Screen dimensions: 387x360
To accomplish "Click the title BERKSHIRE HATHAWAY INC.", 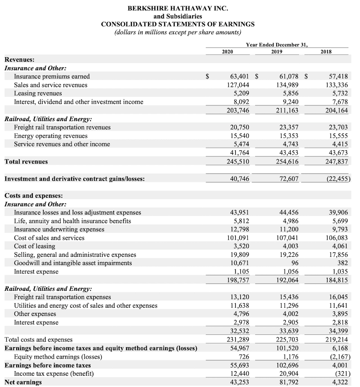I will [178, 8].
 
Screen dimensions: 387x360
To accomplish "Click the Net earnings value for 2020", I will [239, 382].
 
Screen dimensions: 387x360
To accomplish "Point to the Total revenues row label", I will [26, 161].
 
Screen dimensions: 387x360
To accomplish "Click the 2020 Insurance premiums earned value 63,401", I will [239, 77].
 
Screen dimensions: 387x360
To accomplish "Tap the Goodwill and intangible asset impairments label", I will [73, 263].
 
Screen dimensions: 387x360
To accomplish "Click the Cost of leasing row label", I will [35, 246].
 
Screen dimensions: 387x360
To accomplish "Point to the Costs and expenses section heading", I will [34, 196].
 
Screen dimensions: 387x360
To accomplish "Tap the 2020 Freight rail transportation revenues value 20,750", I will [239, 127].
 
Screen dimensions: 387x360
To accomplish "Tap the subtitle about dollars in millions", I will [178, 32].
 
